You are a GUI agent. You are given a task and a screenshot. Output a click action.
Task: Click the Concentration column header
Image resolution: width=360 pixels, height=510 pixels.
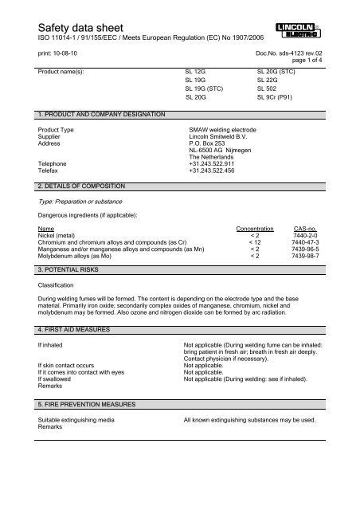[251, 228]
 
